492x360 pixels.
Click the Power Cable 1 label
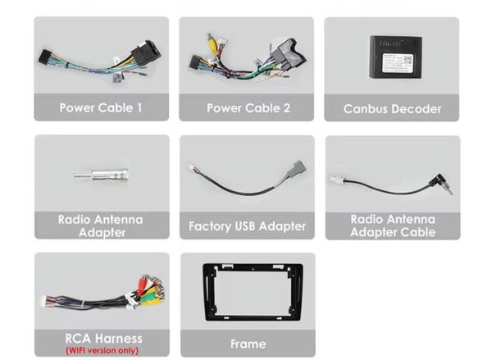coord(101,107)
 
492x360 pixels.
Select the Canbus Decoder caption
coord(392,108)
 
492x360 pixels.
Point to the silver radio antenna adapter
coord(102,175)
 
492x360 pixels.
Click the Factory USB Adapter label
coord(247,226)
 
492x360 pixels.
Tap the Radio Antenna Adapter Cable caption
coord(392,226)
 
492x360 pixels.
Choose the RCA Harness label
coord(101,338)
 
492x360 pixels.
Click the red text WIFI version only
coord(102,350)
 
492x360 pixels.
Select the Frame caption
coord(248,344)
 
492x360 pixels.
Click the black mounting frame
coord(247,292)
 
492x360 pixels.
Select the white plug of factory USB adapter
coord(194,168)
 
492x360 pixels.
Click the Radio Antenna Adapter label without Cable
coord(101,226)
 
